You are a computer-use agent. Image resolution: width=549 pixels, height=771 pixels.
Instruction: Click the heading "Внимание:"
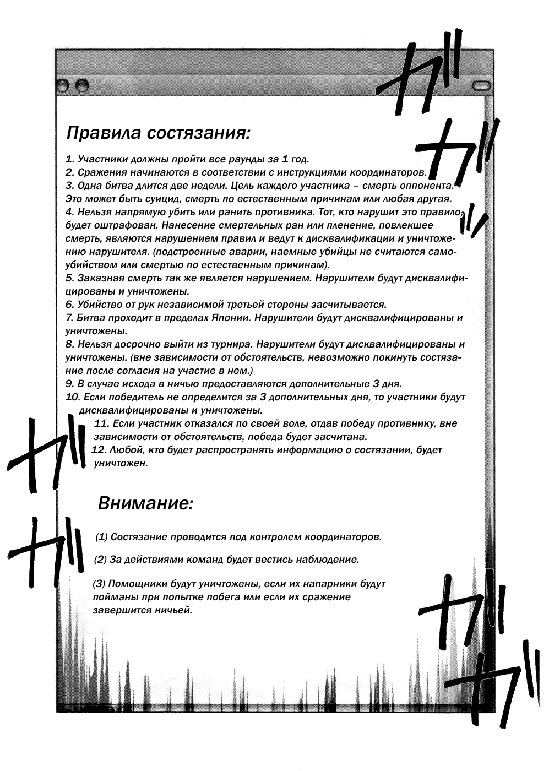[145, 503]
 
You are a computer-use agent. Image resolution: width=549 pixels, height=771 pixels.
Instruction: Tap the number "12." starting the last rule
[99, 450]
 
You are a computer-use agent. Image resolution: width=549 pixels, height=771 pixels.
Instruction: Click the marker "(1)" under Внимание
[101, 537]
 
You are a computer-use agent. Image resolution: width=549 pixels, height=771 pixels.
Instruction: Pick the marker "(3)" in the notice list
[99, 583]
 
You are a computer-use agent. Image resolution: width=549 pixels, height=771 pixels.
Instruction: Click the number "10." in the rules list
[73, 397]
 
